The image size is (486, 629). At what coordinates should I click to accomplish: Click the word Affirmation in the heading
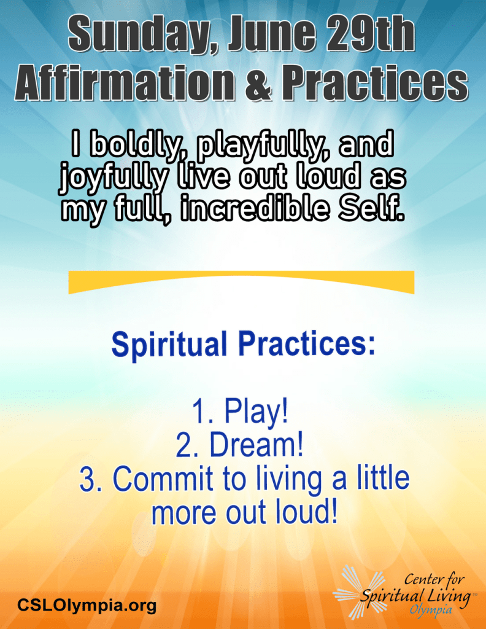coord(125,83)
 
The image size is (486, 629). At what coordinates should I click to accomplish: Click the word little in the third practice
coord(382,477)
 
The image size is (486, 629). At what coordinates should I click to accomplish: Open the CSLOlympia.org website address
coord(87,604)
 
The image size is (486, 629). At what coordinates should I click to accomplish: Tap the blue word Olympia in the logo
coord(431,610)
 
